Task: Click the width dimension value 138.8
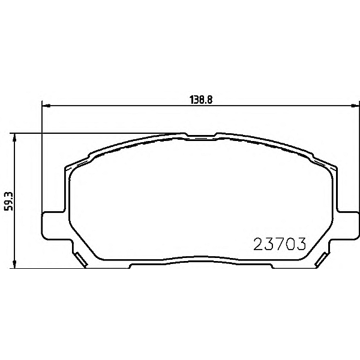point(201,100)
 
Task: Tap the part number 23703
point(280,244)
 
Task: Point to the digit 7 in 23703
point(280,244)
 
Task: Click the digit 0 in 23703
point(290,244)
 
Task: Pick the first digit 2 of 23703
point(258,244)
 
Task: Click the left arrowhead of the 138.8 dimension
point(47,106)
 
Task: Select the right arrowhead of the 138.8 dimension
point(355,106)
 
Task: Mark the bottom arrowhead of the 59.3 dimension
point(14,264)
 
